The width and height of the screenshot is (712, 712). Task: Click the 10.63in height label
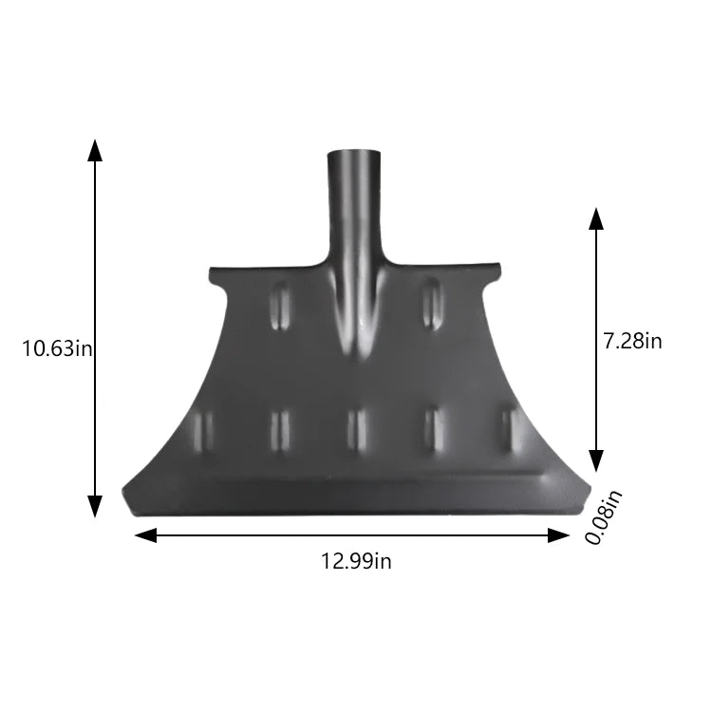point(57,348)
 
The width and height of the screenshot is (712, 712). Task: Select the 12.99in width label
point(356,561)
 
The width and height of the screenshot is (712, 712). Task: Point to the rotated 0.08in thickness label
point(604,516)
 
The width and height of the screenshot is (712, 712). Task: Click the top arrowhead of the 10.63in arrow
point(94,149)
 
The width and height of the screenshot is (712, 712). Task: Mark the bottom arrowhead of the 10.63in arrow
point(94,507)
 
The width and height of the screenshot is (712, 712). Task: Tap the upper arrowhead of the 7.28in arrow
point(596,218)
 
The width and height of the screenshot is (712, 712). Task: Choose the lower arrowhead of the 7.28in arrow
point(596,460)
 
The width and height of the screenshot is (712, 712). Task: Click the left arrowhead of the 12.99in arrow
point(145,535)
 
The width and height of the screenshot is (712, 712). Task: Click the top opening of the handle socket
point(355,152)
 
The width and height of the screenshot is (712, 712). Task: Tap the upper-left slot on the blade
point(281,306)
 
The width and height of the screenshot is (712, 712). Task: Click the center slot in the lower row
point(356,430)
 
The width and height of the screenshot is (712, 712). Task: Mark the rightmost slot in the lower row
point(510,430)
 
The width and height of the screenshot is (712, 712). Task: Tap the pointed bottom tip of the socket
point(356,356)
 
